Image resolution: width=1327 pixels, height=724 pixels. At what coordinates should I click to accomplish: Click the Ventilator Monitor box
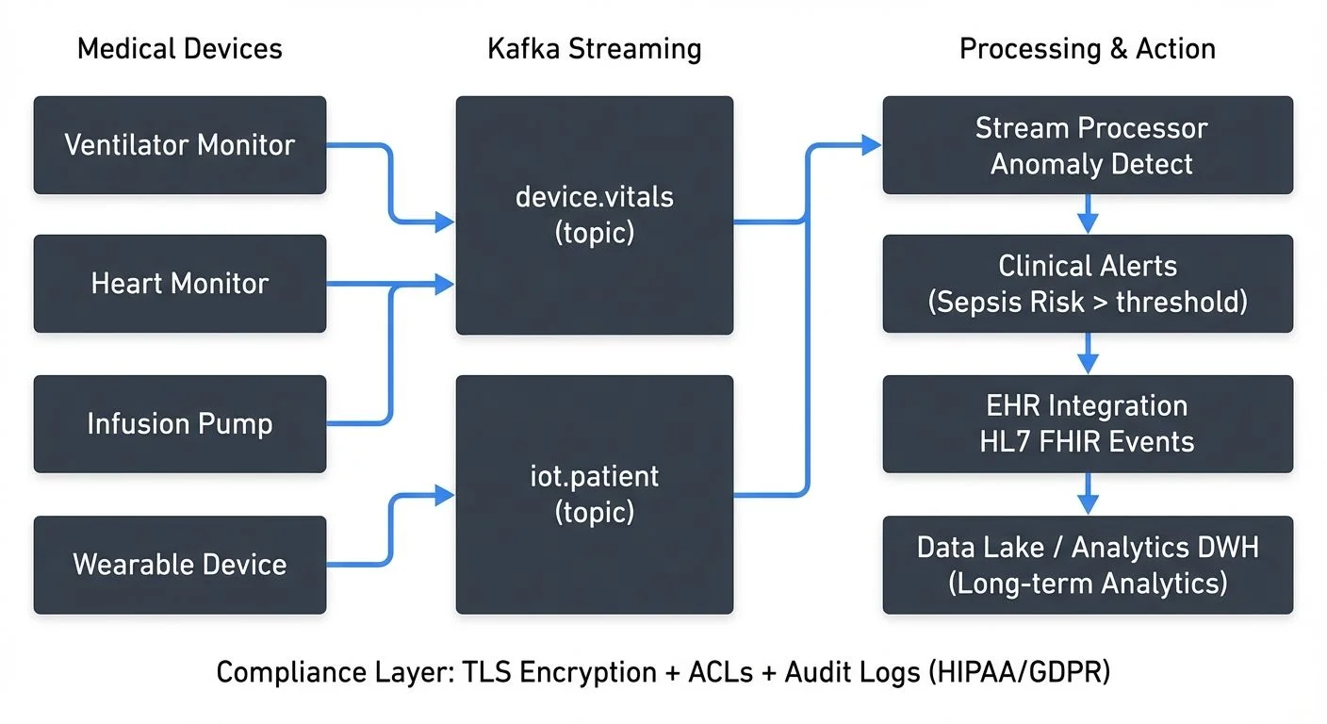[x=179, y=145]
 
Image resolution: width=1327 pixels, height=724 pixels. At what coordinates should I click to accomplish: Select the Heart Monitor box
[x=179, y=284]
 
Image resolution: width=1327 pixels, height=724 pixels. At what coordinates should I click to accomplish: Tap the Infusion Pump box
[x=179, y=424]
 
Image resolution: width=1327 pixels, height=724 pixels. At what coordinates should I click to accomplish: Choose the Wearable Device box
[x=179, y=565]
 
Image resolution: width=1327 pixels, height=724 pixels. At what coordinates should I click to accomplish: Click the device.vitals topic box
[x=594, y=215]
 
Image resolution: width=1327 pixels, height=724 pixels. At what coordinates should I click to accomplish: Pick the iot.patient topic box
[x=594, y=494]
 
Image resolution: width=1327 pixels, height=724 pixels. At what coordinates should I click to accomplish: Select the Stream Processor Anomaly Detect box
[x=1088, y=145]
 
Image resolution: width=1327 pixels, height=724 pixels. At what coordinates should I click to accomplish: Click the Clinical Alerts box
[x=1088, y=284]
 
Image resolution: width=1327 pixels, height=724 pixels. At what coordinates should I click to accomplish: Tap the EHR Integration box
[x=1088, y=424]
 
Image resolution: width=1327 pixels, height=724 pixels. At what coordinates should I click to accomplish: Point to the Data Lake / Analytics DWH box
[x=1088, y=565]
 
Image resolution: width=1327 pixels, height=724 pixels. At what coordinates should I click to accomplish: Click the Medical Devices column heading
[x=179, y=49]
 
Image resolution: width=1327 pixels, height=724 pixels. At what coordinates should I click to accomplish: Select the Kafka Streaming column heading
[x=594, y=49]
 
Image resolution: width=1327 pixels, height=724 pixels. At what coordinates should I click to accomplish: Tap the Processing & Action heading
[x=1087, y=49]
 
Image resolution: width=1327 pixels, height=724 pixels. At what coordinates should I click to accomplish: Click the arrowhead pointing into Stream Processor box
[x=871, y=145]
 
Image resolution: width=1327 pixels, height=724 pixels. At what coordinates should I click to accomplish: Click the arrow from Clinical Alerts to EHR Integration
[x=1088, y=354]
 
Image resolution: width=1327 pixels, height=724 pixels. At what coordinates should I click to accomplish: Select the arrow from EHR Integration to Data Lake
[x=1088, y=494]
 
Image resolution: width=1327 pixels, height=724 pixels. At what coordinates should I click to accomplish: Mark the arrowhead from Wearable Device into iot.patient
[x=444, y=494]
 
